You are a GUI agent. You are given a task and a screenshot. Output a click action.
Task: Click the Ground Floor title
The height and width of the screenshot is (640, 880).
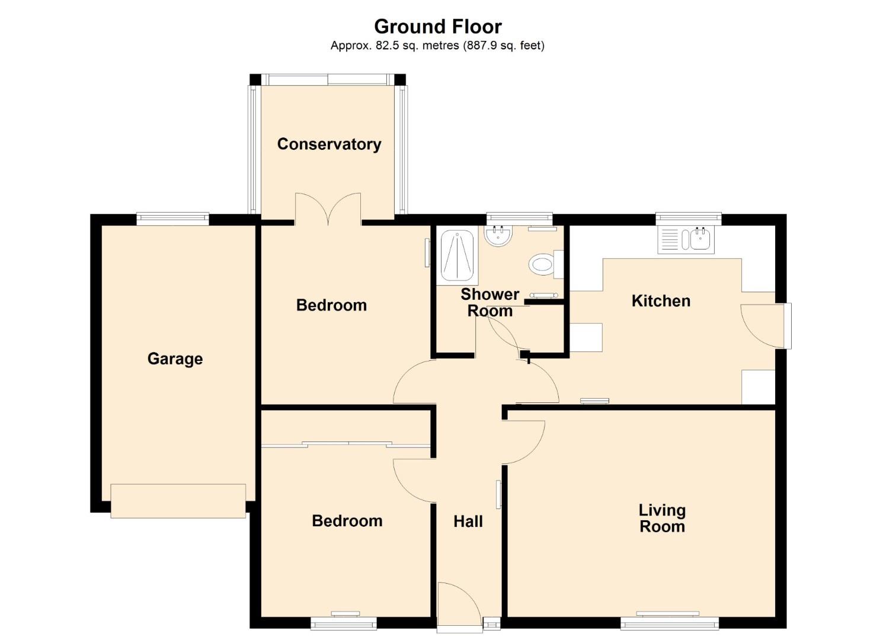(x=438, y=27)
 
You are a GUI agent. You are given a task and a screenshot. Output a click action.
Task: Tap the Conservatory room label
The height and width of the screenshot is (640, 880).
(x=329, y=144)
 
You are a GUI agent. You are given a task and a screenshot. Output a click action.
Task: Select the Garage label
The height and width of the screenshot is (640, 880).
(x=175, y=359)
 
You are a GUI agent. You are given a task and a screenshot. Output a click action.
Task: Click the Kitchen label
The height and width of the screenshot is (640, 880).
(x=661, y=301)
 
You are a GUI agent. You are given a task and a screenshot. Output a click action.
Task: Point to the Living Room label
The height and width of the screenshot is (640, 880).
(x=662, y=518)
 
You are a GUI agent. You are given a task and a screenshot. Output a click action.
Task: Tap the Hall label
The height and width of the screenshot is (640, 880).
(x=468, y=521)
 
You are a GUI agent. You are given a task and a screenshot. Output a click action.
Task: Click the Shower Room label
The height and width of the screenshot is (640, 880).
(x=490, y=302)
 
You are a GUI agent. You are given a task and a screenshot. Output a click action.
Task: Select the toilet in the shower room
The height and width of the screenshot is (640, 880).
(x=546, y=264)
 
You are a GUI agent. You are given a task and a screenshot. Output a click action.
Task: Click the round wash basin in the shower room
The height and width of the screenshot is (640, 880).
(x=498, y=236)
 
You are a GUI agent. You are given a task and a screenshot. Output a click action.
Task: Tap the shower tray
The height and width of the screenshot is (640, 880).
(x=457, y=255)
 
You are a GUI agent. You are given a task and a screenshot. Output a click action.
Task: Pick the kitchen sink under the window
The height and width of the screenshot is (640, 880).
(x=686, y=239)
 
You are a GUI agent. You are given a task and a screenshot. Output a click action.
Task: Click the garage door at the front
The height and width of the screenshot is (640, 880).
(x=178, y=501)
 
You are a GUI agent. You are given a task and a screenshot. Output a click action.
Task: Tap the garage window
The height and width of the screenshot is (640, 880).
(x=172, y=219)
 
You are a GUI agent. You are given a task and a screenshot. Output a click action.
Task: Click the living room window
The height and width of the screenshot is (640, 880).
(x=670, y=622)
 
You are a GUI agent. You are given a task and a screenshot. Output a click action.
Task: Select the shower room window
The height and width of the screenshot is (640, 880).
(x=519, y=219)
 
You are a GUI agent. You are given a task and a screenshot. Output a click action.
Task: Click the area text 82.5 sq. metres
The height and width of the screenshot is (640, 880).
(x=417, y=46)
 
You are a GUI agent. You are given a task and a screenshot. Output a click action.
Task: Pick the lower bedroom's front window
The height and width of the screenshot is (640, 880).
(x=343, y=623)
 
